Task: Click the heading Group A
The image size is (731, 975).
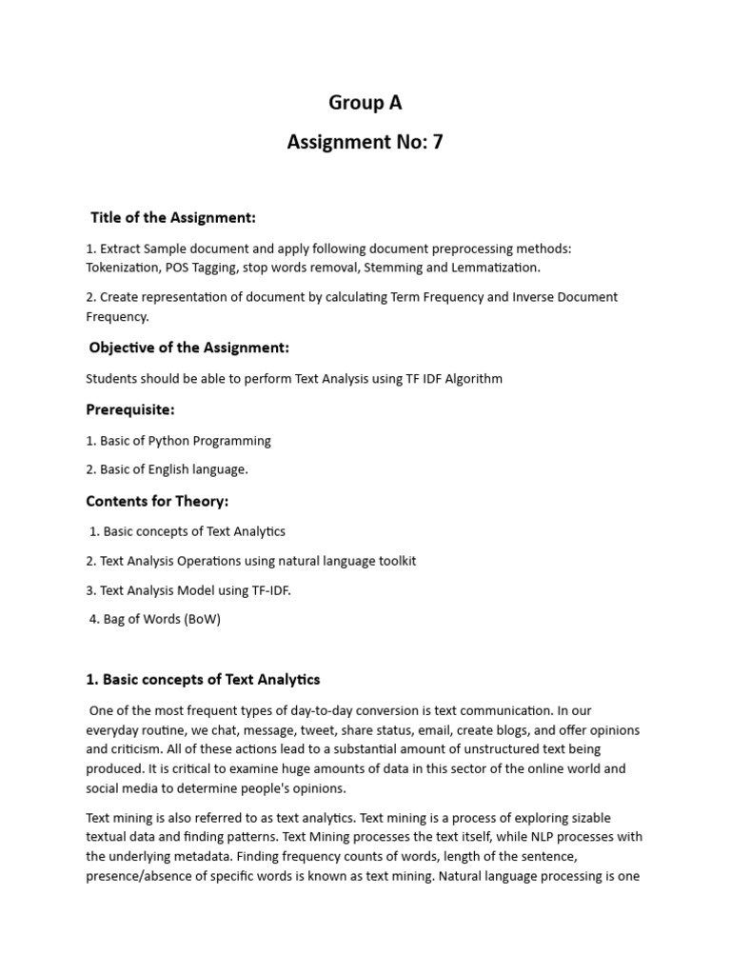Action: point(365,103)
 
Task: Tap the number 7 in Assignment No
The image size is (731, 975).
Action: point(437,143)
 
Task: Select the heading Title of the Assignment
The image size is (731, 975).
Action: point(173,218)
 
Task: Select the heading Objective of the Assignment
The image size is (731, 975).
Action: point(188,348)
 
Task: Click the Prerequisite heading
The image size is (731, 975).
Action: point(130,409)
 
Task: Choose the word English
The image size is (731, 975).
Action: point(170,469)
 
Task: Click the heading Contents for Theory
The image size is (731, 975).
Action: point(157,501)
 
